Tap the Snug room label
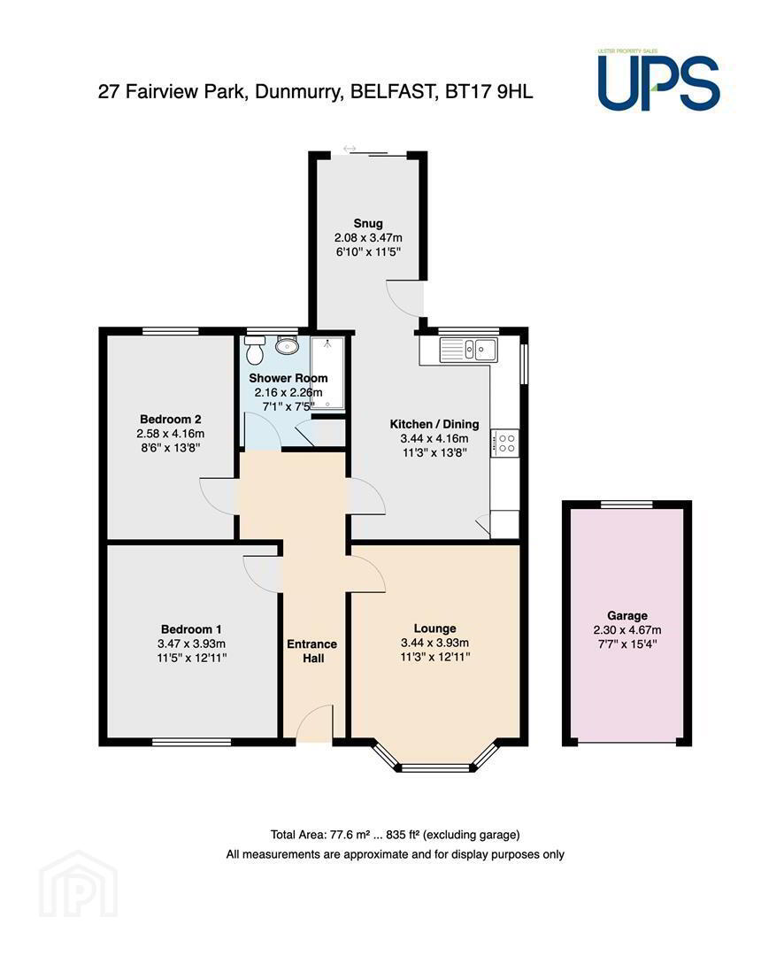pyautogui.click(x=368, y=223)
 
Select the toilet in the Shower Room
pyautogui.click(x=254, y=351)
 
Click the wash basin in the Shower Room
pyautogui.click(x=286, y=346)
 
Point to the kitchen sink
pyautogui.click(x=469, y=350)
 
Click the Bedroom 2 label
pyautogui.click(x=171, y=420)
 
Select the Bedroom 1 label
pyautogui.click(x=191, y=629)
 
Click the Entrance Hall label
pyautogui.click(x=312, y=651)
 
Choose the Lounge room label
pyautogui.click(x=434, y=628)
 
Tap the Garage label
pyautogui.click(x=627, y=616)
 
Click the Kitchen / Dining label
pyautogui.click(x=434, y=424)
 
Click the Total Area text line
pyautogui.click(x=395, y=835)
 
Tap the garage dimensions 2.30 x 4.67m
pyautogui.click(x=627, y=630)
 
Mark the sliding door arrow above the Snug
pyautogui.click(x=350, y=148)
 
